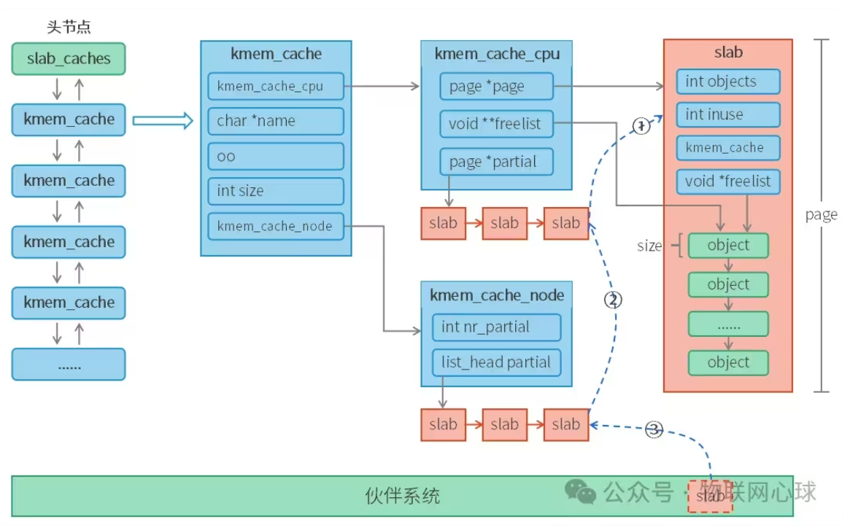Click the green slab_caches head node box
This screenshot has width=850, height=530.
[x=69, y=58]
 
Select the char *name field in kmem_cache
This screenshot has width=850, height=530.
[x=275, y=121]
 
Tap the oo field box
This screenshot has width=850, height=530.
[x=275, y=156]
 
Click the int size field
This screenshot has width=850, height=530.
[x=275, y=191]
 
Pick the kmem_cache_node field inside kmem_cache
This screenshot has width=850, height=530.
[x=275, y=226]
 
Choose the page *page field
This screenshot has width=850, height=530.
[x=496, y=86]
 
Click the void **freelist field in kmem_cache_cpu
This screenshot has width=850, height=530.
[x=496, y=124]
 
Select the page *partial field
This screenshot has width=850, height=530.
[x=496, y=162]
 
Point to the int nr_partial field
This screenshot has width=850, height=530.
[x=496, y=327]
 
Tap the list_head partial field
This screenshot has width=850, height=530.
[x=496, y=362]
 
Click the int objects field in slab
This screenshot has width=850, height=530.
[x=727, y=82]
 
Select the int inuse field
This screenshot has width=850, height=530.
[x=727, y=114]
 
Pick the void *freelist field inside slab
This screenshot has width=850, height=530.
[x=727, y=181]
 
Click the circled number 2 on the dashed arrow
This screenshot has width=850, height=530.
[x=614, y=300]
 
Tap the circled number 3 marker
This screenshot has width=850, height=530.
[x=654, y=430]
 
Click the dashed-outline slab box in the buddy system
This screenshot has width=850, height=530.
[x=710, y=496]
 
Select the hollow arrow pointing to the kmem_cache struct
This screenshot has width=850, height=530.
[x=162, y=120]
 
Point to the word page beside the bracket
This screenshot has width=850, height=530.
[x=821, y=215]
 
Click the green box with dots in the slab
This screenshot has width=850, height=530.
[x=728, y=324]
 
